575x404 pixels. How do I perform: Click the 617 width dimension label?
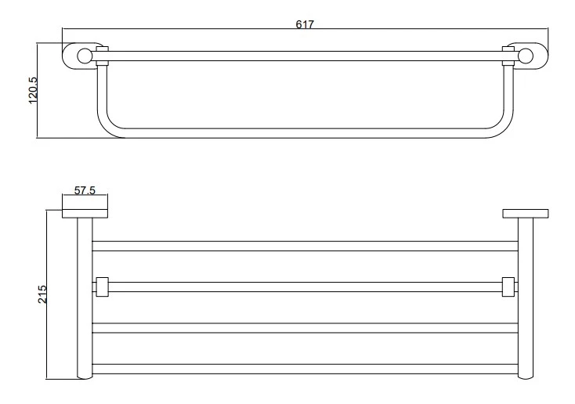(305, 24)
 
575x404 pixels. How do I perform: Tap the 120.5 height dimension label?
(33, 90)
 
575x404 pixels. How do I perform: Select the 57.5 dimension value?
(85, 190)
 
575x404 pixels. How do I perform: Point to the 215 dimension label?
(42, 294)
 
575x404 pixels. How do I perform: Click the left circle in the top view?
(84, 56)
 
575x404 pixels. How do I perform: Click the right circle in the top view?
(526, 56)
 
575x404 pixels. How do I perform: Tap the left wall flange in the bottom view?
(85, 214)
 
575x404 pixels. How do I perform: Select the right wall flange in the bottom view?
(526, 214)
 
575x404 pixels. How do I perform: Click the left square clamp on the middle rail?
(102, 287)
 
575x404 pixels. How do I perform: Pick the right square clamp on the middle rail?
(508, 287)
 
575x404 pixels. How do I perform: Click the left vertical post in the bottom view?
(85, 298)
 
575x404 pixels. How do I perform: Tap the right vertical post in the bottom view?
(526, 298)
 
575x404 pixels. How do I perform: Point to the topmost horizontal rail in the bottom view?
(305, 246)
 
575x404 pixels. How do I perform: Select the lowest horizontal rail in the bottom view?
(305, 370)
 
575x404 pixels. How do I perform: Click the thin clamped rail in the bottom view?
(305, 287)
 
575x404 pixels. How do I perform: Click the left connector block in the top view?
(103, 56)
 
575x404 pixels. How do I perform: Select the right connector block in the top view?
(508, 56)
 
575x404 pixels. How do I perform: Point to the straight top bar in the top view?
(306, 56)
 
